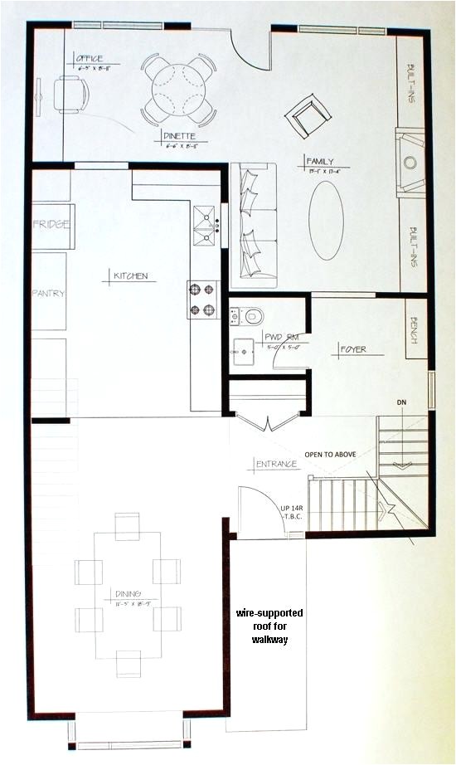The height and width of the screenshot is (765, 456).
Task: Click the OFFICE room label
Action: pyautogui.click(x=89, y=59)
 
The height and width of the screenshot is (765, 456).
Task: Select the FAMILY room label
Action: pyautogui.click(x=318, y=161)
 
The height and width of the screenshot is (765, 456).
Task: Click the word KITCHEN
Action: pyautogui.click(x=130, y=275)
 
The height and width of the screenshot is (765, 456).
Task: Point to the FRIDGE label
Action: pyautogui.click(x=51, y=225)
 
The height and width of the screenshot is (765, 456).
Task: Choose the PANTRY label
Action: pyautogui.click(x=48, y=294)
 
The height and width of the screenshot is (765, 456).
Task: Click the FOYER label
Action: pyautogui.click(x=353, y=349)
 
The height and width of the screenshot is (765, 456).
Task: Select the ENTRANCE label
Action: pyautogui.click(x=276, y=464)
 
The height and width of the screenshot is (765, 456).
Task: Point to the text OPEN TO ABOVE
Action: pyautogui.click(x=336, y=455)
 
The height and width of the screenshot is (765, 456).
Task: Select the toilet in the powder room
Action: pyautogui.click(x=253, y=316)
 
